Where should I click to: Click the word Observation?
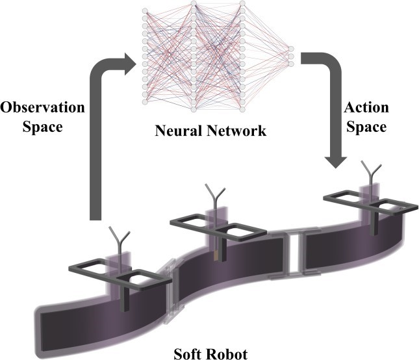38,107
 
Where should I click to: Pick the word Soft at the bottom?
190,354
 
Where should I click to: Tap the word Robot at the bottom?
227,354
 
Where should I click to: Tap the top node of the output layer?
290,49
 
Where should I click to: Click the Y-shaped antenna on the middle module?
214,194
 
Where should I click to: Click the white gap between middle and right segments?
295,253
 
